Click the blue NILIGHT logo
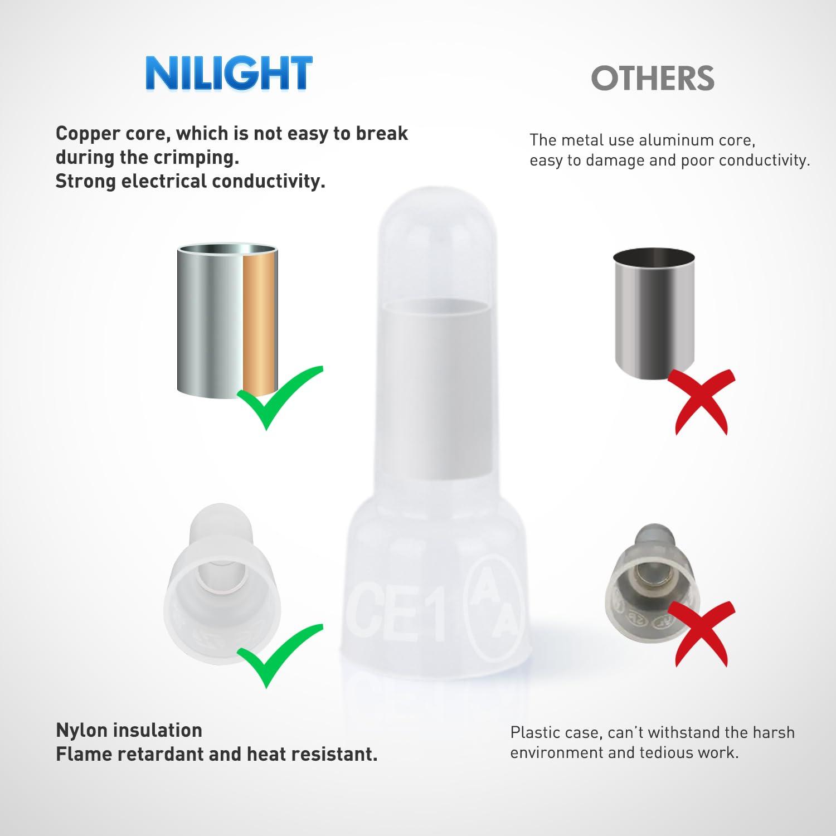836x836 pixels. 229,73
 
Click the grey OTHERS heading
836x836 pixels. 653,79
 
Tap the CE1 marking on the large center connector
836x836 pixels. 399,613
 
